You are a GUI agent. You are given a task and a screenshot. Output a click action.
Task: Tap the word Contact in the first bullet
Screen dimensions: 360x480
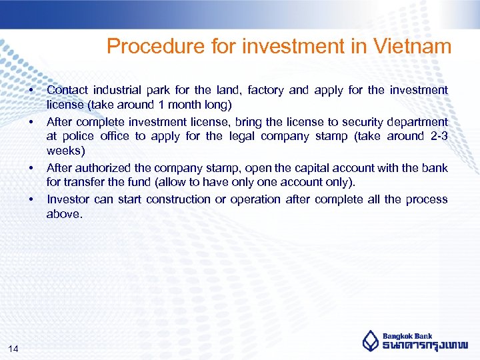pyautogui.click(x=67, y=89)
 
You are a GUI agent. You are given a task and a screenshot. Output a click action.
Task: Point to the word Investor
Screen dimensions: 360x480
pyautogui.click(x=69, y=199)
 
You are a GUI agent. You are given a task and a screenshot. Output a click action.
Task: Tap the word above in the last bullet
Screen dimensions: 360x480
pyautogui.click(x=64, y=214)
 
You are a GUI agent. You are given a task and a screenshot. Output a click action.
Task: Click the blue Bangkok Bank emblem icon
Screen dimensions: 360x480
pyautogui.click(x=370, y=341)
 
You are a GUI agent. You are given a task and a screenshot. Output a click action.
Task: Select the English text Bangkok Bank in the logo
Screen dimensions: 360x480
pyautogui.click(x=407, y=336)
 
